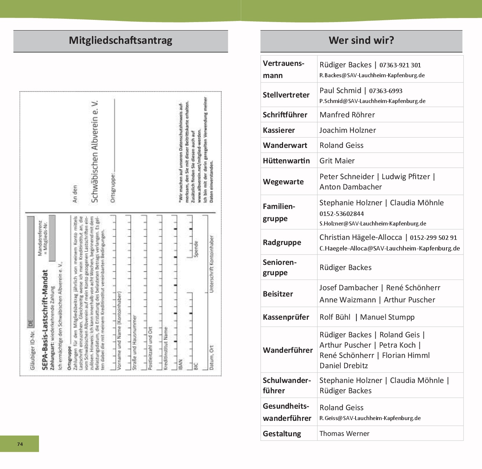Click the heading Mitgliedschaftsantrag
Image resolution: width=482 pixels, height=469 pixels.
pos(121,40)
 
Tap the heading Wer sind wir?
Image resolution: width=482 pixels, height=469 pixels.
pos(361,40)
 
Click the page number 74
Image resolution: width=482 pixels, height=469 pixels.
pos(20,444)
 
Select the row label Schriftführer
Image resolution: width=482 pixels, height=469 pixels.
pos(285,115)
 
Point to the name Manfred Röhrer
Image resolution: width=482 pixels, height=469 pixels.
pos(347,115)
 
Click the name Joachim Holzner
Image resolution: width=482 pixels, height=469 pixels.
pos(347,130)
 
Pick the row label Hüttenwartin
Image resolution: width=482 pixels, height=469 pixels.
pos(286,161)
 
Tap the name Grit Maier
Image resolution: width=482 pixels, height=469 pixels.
pos(337,161)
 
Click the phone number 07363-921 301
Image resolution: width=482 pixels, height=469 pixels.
pos(400,65)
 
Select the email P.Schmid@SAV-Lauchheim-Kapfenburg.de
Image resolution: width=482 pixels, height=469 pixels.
pos(372,101)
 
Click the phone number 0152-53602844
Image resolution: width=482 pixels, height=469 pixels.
pos(342,214)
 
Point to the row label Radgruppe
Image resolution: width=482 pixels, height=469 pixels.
pos(282,242)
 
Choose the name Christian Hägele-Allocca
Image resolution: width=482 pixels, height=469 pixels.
pos(360,238)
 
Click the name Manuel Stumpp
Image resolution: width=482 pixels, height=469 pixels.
pos(387,317)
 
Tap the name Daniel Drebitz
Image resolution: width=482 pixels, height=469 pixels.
pos(343,366)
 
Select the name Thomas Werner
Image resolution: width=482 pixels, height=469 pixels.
pos(344,434)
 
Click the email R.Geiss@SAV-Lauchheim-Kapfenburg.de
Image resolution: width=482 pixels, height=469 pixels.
pos(370,418)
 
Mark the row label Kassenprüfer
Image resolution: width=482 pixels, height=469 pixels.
pos(286,317)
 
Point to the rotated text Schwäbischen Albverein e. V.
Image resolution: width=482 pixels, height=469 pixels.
pos(94,151)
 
